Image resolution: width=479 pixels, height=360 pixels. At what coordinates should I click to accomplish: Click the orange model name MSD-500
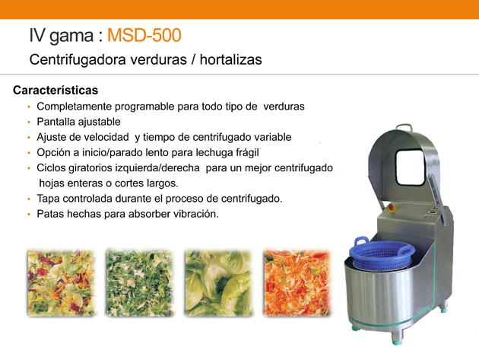144,35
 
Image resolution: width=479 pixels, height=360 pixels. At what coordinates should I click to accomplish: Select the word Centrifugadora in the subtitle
78,59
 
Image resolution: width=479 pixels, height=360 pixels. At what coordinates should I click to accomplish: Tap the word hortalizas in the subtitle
231,59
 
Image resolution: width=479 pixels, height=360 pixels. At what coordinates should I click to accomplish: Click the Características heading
56,91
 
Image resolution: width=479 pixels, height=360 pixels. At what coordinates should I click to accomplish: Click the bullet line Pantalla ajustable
79,122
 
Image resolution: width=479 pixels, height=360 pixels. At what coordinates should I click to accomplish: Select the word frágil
248,153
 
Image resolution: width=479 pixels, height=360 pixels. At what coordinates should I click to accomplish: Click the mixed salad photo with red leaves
62,283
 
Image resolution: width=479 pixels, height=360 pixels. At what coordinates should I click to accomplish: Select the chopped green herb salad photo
140,283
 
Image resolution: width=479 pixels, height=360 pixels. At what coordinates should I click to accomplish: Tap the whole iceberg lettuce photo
219,283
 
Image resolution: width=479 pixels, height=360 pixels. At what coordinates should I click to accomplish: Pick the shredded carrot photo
297,283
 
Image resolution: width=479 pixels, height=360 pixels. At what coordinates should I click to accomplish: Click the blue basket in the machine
382,253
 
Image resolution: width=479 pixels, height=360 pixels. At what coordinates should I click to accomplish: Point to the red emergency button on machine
391,208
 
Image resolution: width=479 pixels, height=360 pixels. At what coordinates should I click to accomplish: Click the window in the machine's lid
411,167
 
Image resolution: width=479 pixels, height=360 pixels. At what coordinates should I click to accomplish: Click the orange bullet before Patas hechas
29,214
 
